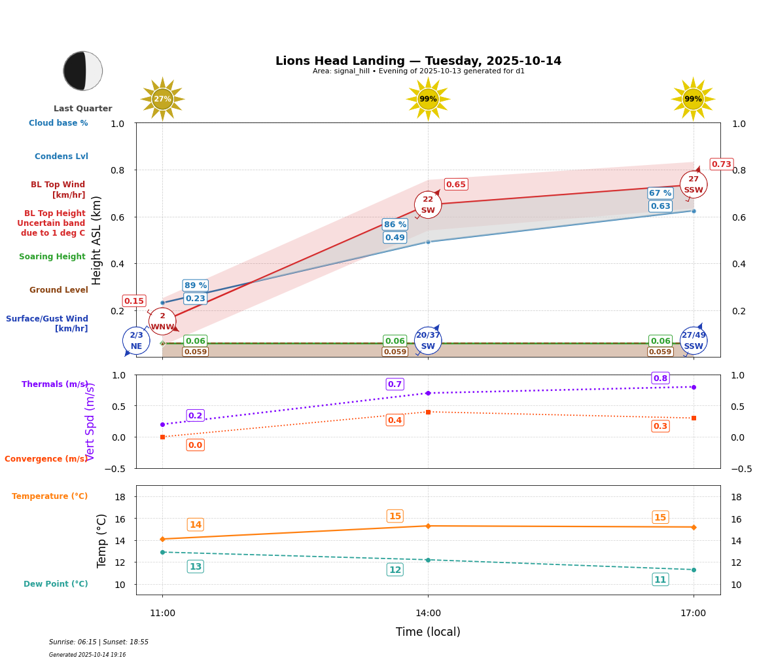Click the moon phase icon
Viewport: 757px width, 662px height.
click(x=83, y=71)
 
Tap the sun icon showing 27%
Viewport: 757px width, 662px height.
click(x=162, y=99)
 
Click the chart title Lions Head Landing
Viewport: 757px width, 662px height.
click(x=418, y=61)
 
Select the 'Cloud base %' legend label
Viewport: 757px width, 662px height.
click(x=58, y=123)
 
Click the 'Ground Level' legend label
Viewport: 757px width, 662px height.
click(x=59, y=290)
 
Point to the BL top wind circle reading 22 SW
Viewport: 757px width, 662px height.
click(x=428, y=205)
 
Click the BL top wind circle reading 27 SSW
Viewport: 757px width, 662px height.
click(x=694, y=185)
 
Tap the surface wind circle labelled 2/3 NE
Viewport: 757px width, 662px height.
click(x=136, y=340)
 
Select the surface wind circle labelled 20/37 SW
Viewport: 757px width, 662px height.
click(x=428, y=340)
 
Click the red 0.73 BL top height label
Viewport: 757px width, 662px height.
click(x=721, y=164)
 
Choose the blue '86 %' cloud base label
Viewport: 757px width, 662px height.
click(x=395, y=225)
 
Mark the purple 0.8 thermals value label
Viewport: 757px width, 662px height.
click(x=660, y=378)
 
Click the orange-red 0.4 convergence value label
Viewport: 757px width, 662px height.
click(x=395, y=420)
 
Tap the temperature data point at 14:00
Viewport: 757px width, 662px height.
click(x=428, y=526)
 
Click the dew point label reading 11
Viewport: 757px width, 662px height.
click(x=660, y=579)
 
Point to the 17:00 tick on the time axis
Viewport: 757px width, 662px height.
click(x=694, y=613)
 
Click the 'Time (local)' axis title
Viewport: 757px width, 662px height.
click(x=428, y=632)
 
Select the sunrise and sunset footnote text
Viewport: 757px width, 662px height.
click(x=99, y=642)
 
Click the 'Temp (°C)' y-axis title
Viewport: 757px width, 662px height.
click(x=102, y=540)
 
